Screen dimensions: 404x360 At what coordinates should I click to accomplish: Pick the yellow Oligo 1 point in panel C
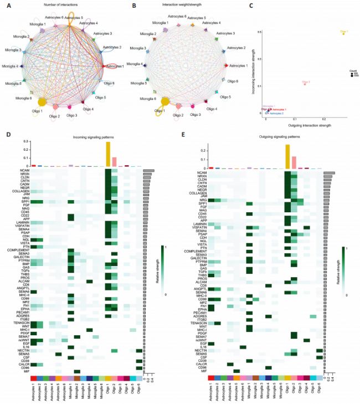tap(343, 34)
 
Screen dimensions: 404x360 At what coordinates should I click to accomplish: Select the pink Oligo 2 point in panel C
tap(305, 84)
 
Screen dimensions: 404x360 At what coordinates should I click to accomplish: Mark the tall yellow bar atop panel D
tap(107, 154)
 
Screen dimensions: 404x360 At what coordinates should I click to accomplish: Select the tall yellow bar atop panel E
tap(287, 156)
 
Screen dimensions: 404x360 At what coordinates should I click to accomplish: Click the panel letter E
tap(187, 134)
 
